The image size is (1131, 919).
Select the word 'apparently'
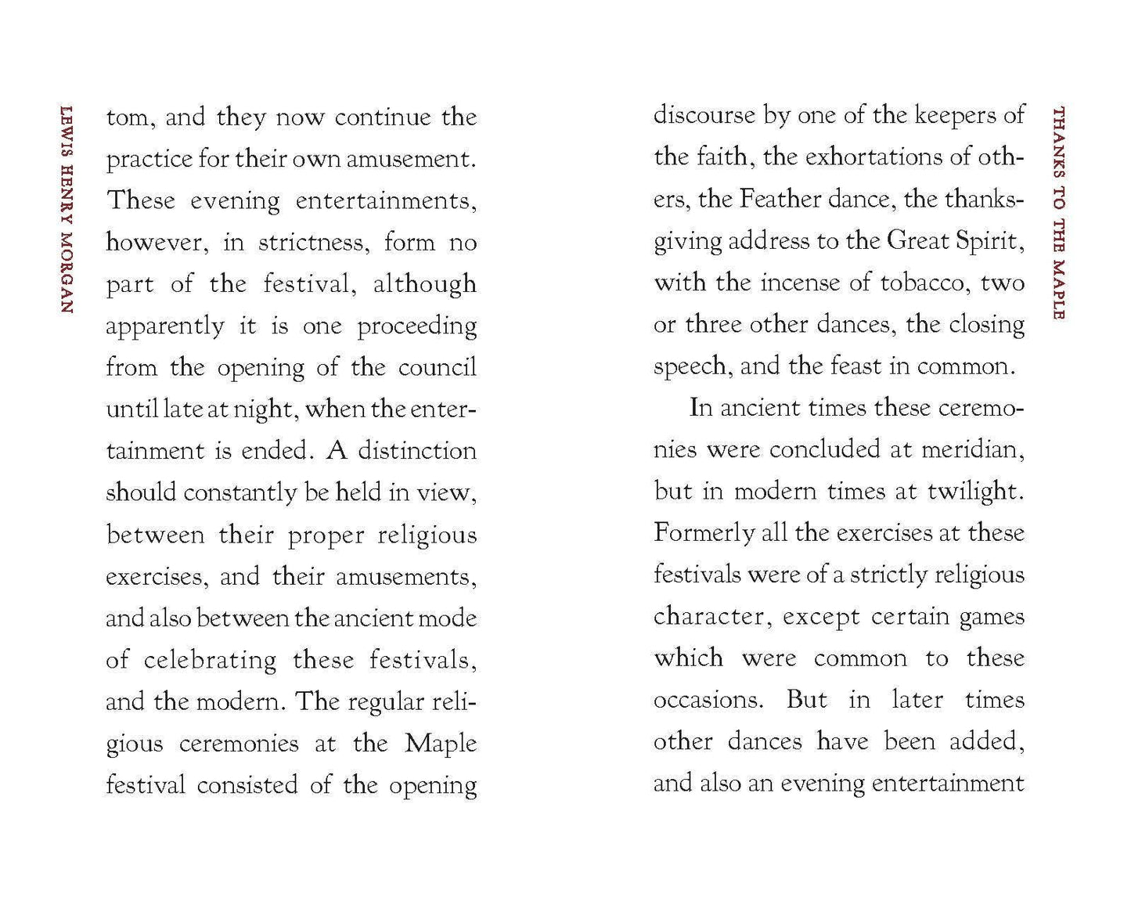click(165, 326)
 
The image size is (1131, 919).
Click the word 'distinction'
click(417, 451)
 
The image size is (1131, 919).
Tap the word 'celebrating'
click(210, 660)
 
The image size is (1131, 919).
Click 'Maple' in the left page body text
click(441, 743)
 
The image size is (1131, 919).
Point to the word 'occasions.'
click(708, 700)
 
